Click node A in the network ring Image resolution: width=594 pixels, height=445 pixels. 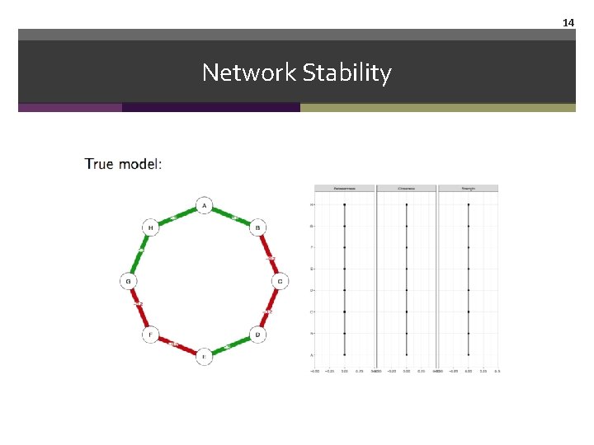pos(204,205)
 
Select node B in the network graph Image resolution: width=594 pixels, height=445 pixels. pos(257,227)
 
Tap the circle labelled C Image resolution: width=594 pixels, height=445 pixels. pos(280,281)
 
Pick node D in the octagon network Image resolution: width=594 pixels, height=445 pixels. pos(257,335)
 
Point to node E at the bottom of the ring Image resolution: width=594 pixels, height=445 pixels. pos(204,357)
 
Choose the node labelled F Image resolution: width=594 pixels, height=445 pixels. pos(150,335)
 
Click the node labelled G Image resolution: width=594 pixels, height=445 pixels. pos(128,281)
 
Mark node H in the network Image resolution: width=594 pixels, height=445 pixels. pos(150,227)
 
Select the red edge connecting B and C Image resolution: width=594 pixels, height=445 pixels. pos(269,254)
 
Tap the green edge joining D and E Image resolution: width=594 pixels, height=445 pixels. pos(231,346)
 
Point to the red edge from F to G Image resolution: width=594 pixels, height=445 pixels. pos(139,308)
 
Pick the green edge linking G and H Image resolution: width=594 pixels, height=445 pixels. pos(139,254)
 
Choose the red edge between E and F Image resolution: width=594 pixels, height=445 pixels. pos(177,346)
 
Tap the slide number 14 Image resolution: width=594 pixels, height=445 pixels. pos(568,23)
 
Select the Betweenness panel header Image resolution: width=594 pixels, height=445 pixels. pos(345,189)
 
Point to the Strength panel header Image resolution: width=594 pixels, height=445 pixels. pos(468,189)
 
